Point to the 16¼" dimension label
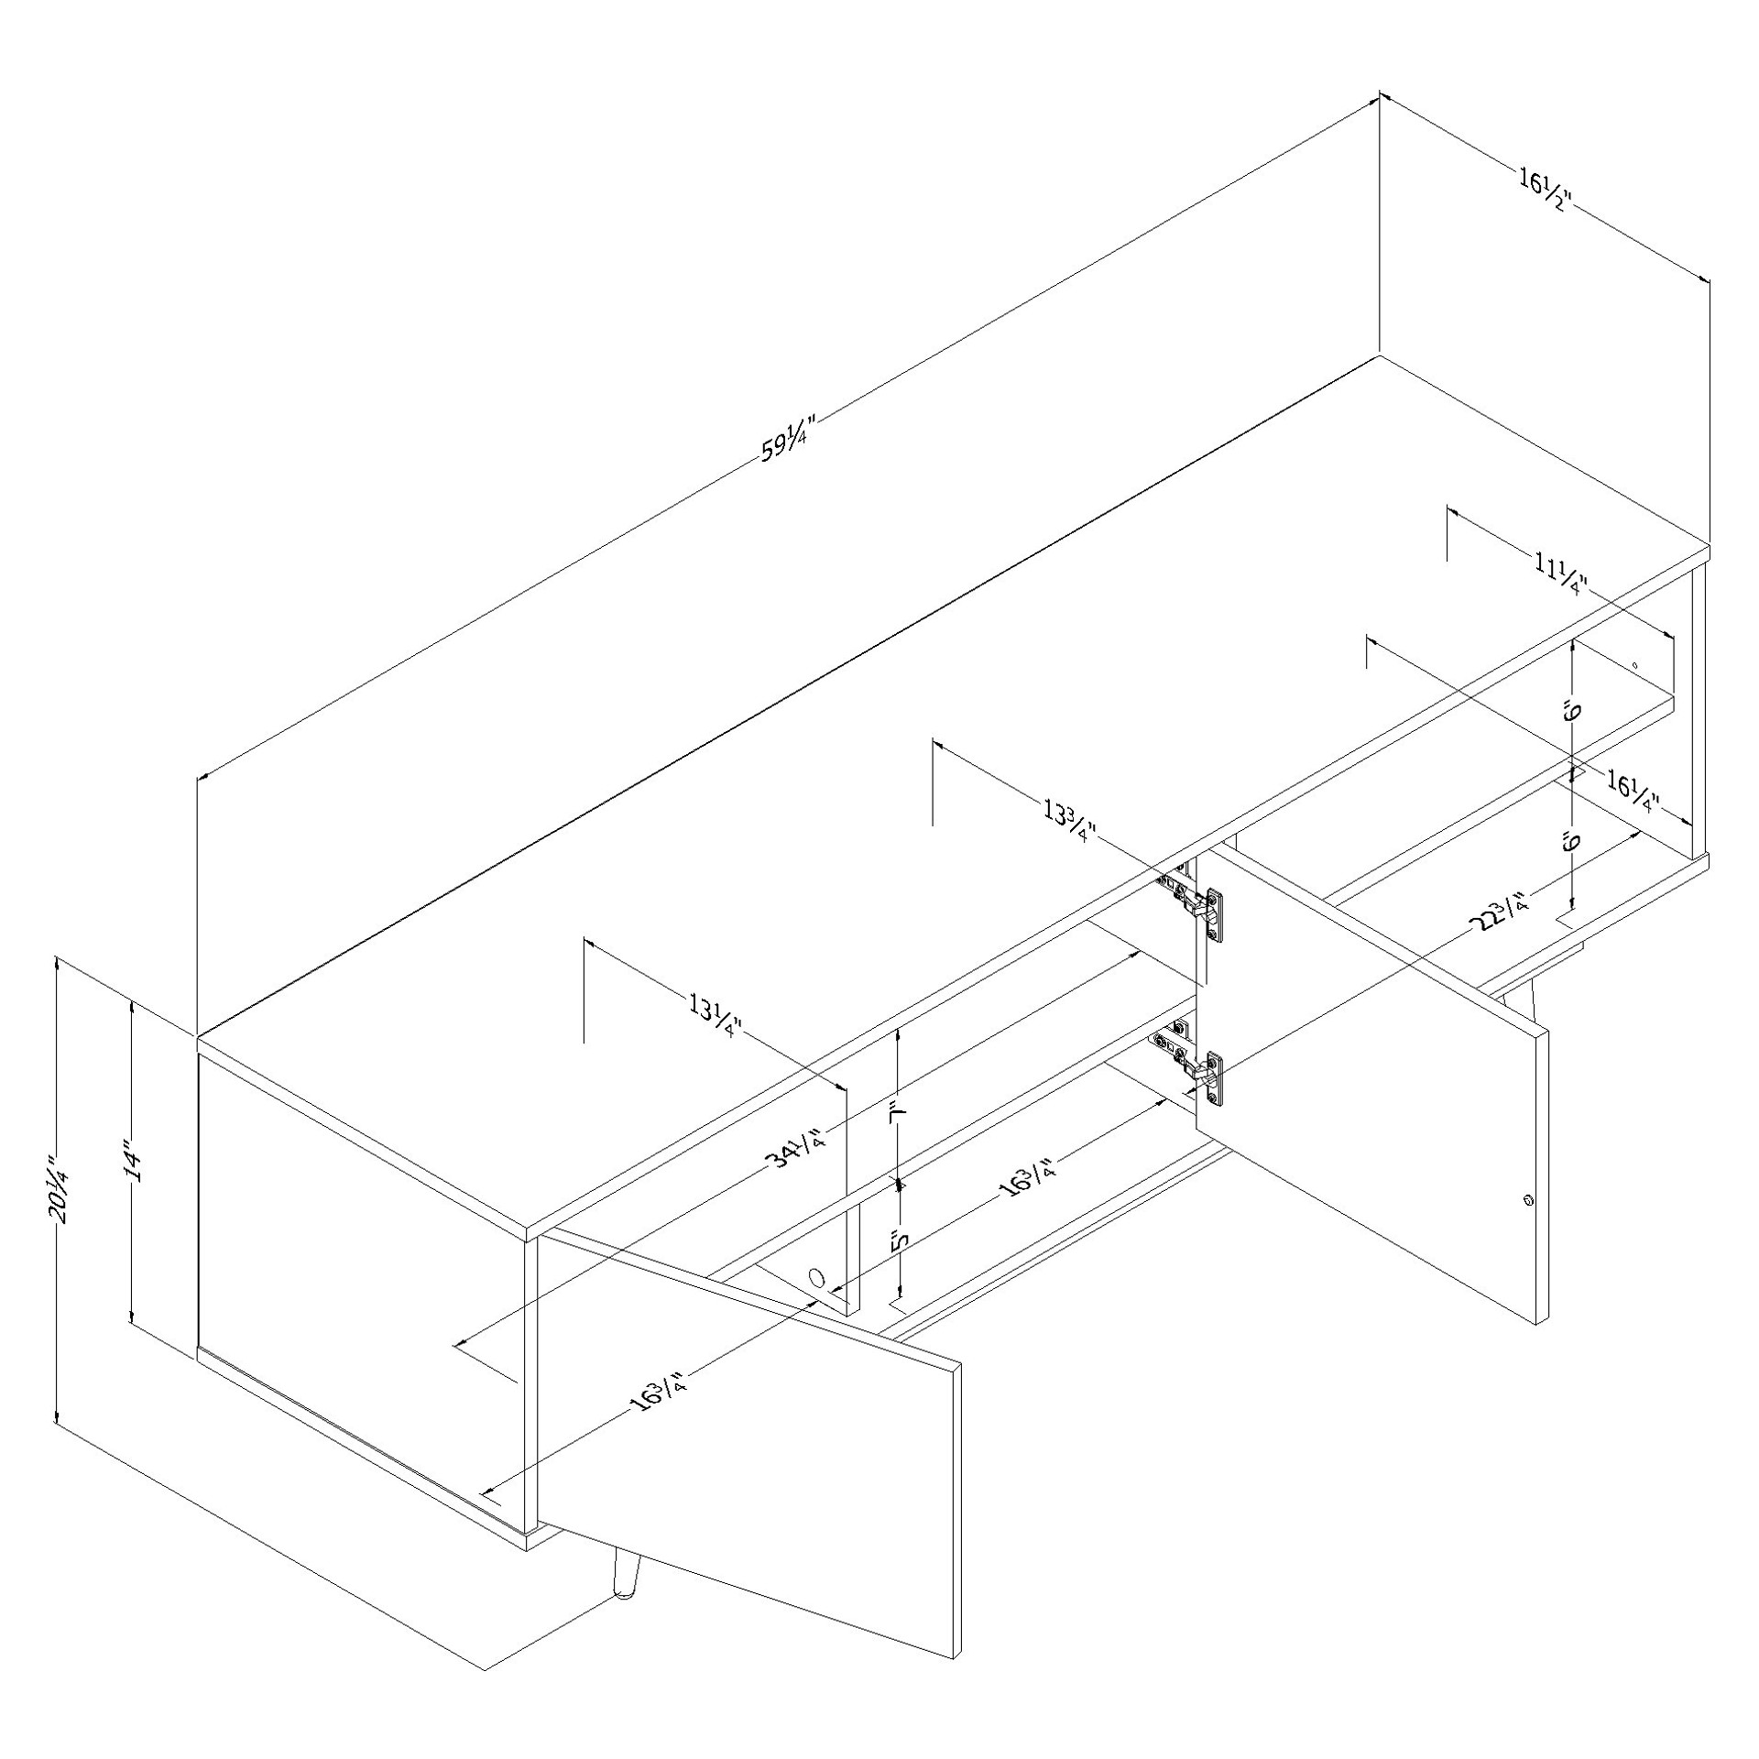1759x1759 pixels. [1635, 791]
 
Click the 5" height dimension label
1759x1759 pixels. [901, 1240]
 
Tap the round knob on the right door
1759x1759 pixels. [1527, 1200]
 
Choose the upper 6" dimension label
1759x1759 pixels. [1569, 711]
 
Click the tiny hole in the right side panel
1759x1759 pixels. [1633, 665]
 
